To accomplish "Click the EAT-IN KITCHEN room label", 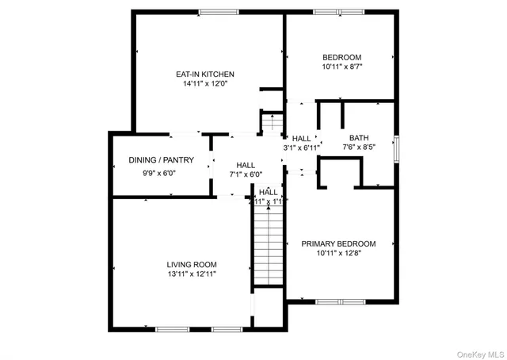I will tap(204, 74).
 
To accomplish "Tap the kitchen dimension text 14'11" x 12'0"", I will tap(204, 83).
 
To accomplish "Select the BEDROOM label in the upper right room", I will tap(341, 57).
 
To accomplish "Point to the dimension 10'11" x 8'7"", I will tap(341, 67).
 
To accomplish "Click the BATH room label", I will tap(359, 137).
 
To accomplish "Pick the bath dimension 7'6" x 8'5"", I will tap(359, 147).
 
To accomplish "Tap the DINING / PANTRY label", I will tap(158, 160).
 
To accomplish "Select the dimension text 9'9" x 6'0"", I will tap(158, 173).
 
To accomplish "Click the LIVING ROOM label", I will tap(191, 264).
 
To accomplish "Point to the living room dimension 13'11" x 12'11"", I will tap(191, 274).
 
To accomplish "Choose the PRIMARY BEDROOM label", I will tap(338, 243).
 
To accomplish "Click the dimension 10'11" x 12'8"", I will tap(338, 254).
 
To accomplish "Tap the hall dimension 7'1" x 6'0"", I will tap(245, 174).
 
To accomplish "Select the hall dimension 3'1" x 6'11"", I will tap(302, 147).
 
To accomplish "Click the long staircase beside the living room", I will tap(268, 246).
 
